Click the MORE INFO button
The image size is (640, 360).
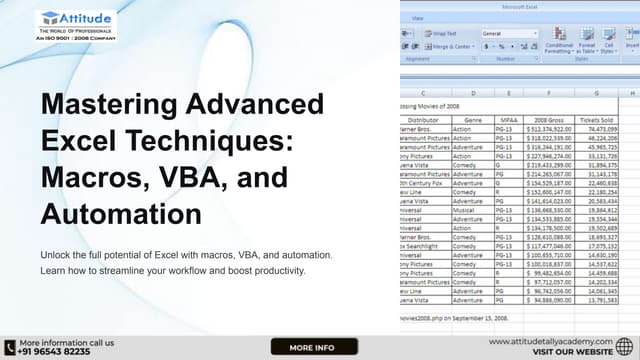tap(313, 347)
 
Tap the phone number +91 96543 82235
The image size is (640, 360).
tap(55, 351)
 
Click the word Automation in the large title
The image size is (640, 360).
tap(121, 213)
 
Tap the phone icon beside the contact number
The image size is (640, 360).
tap(9, 346)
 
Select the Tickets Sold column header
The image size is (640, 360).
tap(601, 118)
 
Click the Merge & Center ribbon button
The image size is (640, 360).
tap(453, 46)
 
